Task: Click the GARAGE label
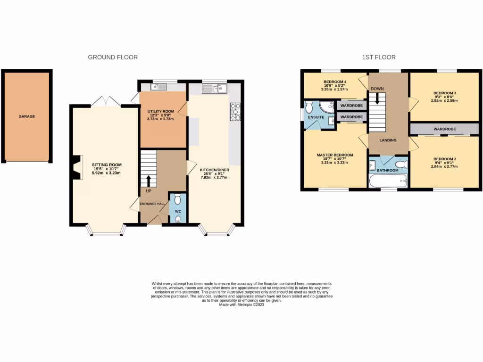27,116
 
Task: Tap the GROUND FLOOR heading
113,58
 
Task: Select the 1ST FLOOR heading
378,58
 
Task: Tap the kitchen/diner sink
215,88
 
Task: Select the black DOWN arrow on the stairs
376,98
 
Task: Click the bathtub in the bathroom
388,180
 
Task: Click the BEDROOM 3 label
444,93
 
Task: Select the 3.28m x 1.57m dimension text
334,89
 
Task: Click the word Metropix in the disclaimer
249,305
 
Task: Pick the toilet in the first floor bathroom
400,165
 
